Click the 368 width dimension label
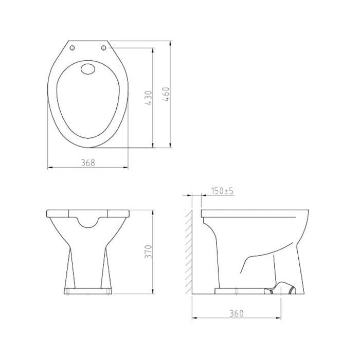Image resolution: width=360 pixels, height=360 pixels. pyautogui.click(x=88, y=163)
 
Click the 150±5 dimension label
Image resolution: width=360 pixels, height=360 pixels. pyautogui.click(x=222, y=191)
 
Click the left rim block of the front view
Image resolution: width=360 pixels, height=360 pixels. pyautogui.click(x=57, y=213)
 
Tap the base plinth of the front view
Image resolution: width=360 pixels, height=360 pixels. pyautogui.click(x=88, y=292)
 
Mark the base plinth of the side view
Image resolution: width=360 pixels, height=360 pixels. pyautogui.click(x=242, y=291)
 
